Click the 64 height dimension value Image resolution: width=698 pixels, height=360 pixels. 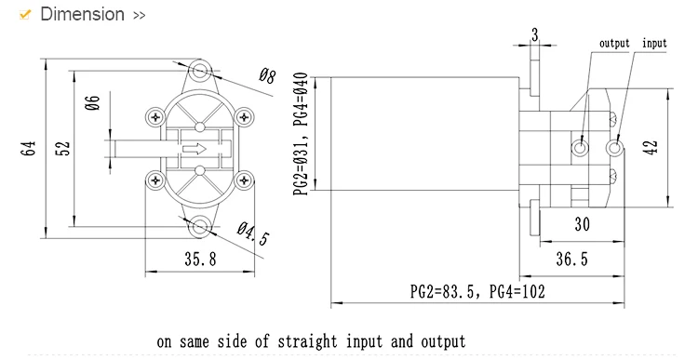click(28, 148)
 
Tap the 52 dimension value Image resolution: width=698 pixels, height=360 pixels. click(63, 148)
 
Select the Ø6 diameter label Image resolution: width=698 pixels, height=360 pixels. click(92, 103)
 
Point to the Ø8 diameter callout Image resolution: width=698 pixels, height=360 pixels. click(267, 76)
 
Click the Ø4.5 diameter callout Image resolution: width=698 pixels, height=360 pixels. click(253, 233)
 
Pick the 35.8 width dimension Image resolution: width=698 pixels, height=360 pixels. click(200, 259)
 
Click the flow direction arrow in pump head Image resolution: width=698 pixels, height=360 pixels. click(195, 149)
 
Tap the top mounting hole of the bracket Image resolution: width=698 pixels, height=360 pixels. click(200, 70)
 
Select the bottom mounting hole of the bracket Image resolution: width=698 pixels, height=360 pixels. click(200, 226)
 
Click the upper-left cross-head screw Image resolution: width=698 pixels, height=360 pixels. click(155, 117)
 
